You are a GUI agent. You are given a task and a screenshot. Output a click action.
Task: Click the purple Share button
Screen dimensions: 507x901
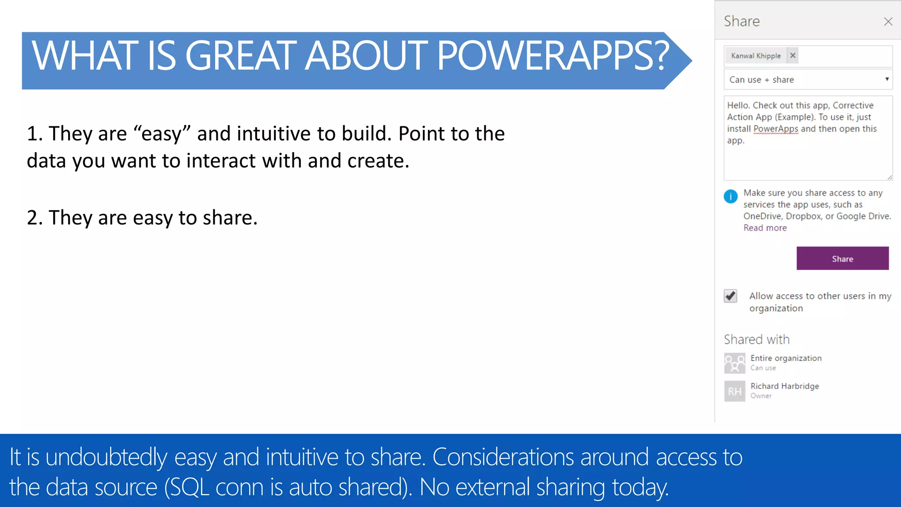[x=842, y=258]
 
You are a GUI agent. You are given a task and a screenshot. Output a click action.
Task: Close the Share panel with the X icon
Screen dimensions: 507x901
[x=888, y=22]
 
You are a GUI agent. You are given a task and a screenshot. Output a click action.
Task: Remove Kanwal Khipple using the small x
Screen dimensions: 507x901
[x=792, y=55]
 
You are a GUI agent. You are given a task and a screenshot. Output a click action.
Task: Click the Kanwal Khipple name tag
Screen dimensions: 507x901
[x=755, y=56]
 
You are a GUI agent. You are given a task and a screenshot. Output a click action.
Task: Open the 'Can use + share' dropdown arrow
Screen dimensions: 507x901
[x=886, y=79]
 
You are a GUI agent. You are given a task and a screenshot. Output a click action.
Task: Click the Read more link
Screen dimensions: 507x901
[x=765, y=228]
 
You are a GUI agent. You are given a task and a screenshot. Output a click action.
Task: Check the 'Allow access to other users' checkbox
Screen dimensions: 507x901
[x=730, y=296]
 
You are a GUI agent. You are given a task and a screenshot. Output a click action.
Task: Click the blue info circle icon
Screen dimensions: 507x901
[x=730, y=196]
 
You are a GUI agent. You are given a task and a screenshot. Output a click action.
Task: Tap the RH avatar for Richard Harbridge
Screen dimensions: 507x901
[x=734, y=391]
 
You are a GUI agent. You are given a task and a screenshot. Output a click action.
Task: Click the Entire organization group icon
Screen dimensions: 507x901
[x=734, y=363]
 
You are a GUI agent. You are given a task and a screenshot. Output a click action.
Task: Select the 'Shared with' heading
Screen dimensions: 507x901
[x=756, y=339]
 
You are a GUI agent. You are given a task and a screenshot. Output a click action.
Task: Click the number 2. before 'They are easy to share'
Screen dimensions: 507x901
[x=34, y=217]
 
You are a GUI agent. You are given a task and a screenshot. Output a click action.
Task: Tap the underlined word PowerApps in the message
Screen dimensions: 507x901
[x=775, y=129]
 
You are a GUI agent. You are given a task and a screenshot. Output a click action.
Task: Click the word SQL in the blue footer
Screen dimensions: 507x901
[x=190, y=487]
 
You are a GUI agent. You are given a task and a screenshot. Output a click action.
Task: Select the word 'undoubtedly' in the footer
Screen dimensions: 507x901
[x=106, y=457]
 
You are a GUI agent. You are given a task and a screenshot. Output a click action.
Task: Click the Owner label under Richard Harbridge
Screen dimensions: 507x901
[x=761, y=396]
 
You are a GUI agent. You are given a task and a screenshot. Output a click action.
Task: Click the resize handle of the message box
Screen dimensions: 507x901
[x=889, y=177]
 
